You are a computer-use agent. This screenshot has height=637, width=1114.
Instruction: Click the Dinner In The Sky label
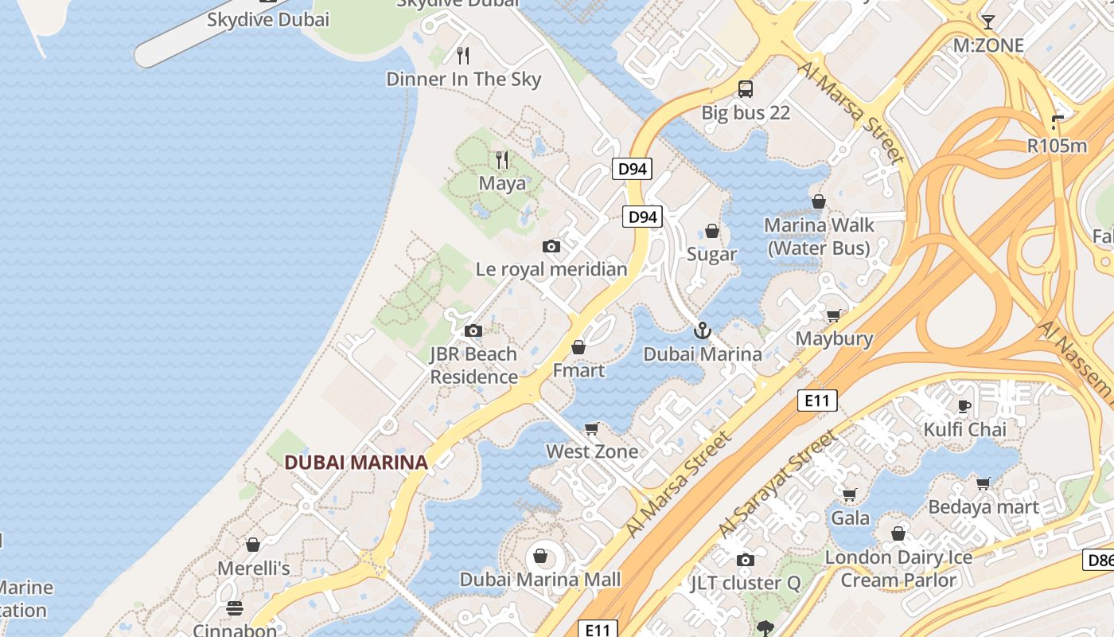tap(463, 79)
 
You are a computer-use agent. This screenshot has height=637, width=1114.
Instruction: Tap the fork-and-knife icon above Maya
tap(502, 160)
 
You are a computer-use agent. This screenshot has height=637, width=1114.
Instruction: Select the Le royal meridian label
tap(551, 269)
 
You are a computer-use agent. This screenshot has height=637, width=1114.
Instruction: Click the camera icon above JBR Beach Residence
tap(473, 330)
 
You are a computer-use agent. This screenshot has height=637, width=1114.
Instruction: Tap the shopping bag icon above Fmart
tap(578, 347)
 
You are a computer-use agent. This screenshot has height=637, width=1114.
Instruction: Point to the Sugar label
tap(711, 254)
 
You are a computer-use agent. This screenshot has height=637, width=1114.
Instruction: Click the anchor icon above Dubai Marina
tap(702, 330)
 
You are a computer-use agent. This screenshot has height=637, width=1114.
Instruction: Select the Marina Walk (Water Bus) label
tap(819, 236)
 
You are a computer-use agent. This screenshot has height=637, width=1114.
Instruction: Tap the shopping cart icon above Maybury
tap(834, 315)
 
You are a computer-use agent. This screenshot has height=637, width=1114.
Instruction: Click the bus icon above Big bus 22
tap(746, 89)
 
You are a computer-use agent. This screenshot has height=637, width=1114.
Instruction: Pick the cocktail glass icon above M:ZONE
tap(988, 21)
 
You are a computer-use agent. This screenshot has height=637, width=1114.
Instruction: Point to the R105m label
tap(1057, 146)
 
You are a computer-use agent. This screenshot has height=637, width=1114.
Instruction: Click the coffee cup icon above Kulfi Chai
tap(964, 406)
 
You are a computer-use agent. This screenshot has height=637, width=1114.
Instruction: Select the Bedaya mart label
tap(984, 507)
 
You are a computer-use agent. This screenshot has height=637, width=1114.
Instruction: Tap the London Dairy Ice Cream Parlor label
tap(898, 569)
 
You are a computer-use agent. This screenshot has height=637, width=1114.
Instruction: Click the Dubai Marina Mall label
tap(540, 579)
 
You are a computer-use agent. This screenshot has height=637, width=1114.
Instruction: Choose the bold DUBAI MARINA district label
tap(356, 462)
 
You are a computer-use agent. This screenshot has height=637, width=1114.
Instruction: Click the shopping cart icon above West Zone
tap(592, 429)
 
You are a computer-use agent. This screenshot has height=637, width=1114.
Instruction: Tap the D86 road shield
tap(1099, 560)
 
